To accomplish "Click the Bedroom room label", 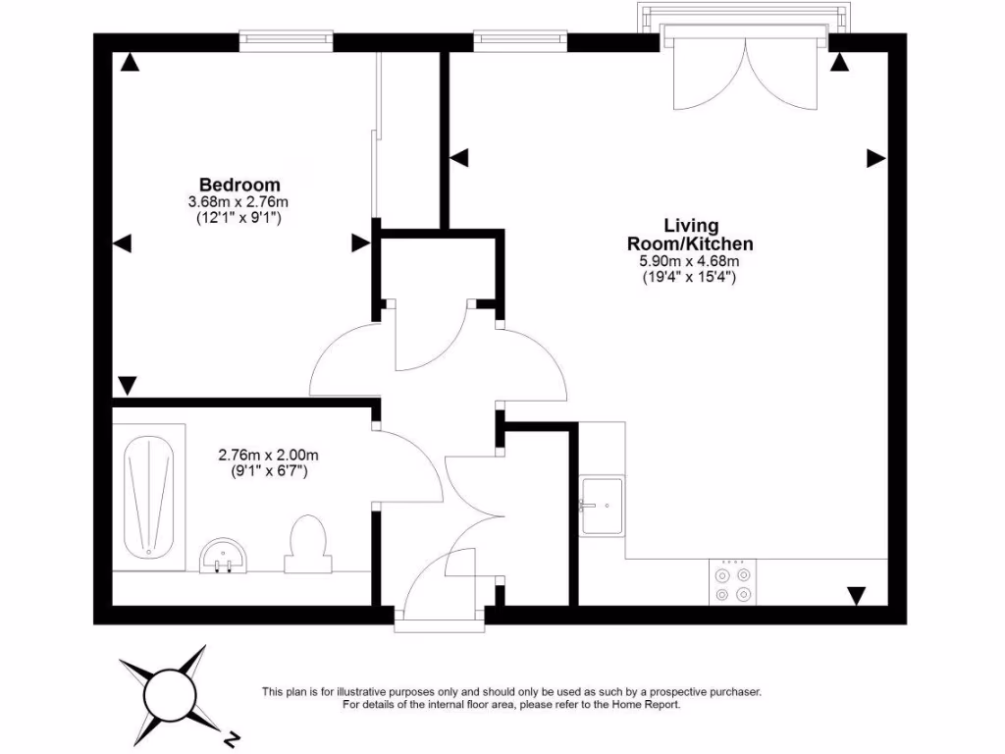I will (x=239, y=185).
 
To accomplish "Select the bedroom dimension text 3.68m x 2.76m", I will (x=239, y=202).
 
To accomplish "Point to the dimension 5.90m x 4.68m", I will (x=689, y=261).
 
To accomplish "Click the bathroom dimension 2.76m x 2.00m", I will (x=267, y=455).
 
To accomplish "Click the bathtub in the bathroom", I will (x=149, y=497).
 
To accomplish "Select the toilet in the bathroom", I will (x=306, y=546).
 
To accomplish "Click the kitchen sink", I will (x=602, y=506).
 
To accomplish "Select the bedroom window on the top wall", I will (x=287, y=40).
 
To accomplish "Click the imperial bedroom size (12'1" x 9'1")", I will (x=239, y=219).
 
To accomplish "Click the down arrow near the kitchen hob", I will (x=857, y=595).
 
